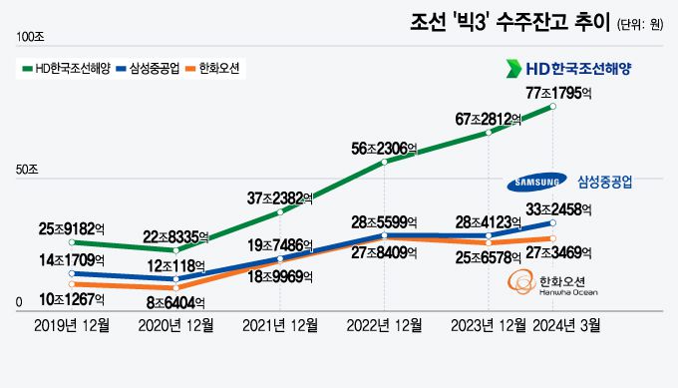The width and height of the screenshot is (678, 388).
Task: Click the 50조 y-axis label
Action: click(26, 171)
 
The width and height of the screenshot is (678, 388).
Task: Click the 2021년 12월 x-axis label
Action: click(280, 325)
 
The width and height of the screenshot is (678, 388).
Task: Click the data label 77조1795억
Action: click(553, 93)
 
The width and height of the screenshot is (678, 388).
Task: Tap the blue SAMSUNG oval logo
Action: click(536, 183)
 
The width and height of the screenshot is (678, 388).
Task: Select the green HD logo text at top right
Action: click(568, 68)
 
